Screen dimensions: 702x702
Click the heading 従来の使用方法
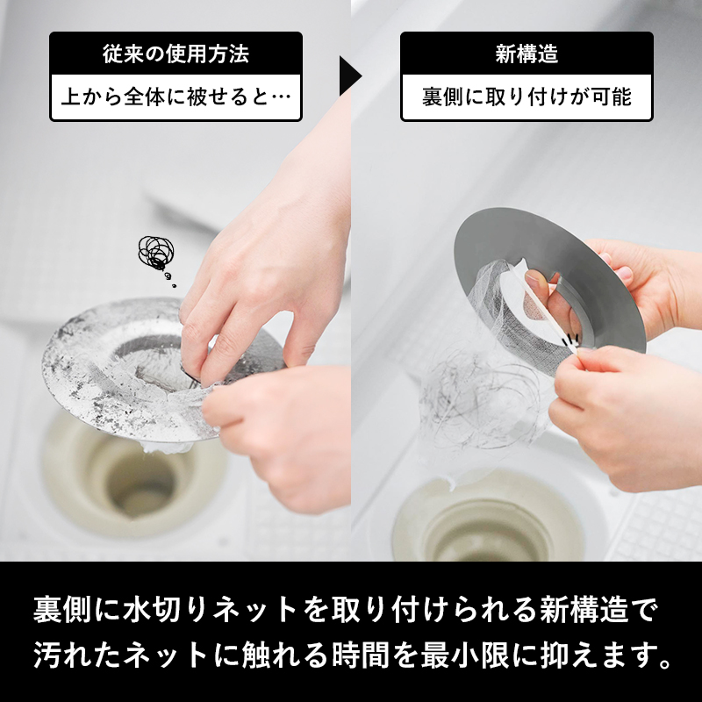click(175, 54)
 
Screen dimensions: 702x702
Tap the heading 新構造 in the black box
click(526, 54)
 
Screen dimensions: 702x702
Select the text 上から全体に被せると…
click(175, 97)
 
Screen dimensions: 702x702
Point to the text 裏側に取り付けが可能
click(526, 97)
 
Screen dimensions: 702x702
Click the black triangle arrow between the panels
click(349, 75)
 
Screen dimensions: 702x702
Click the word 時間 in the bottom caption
click(361, 655)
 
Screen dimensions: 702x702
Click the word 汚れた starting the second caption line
click(77, 655)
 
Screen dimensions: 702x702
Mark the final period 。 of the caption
click(665, 663)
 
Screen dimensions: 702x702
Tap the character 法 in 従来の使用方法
click(239, 54)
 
